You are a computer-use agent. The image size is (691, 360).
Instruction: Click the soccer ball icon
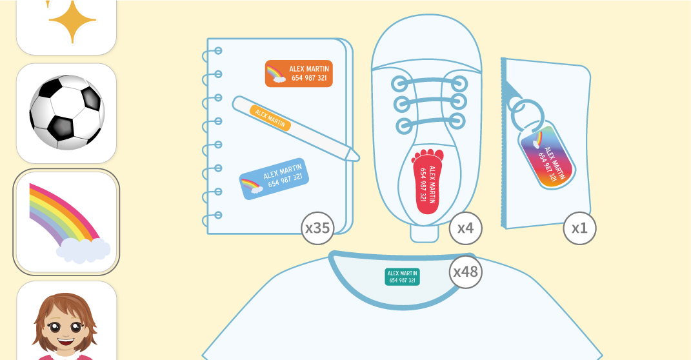tap(66, 112)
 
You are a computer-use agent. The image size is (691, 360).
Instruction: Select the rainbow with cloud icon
tap(66, 222)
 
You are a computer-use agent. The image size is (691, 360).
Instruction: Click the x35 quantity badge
tap(317, 228)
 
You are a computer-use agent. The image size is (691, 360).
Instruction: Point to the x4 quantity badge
tap(465, 228)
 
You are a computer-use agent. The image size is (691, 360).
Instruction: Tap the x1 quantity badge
tap(579, 228)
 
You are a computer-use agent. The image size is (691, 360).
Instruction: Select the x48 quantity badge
tap(466, 272)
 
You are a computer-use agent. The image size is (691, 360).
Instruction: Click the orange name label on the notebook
tap(299, 74)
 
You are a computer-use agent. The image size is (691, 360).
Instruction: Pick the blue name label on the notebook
tap(274, 179)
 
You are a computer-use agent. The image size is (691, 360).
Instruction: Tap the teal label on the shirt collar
tap(403, 277)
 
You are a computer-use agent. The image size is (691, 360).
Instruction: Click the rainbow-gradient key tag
tap(546, 157)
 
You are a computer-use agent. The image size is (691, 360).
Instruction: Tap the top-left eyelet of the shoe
tap(399, 83)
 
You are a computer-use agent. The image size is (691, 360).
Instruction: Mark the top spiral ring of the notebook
tap(217, 51)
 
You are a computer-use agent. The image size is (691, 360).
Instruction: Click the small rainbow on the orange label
tap(277, 74)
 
